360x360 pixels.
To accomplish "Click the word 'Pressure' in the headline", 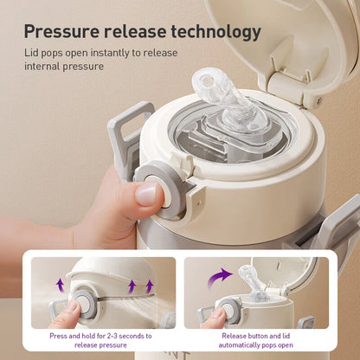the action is tap(61, 31).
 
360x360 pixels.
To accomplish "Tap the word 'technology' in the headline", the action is tap(216, 32).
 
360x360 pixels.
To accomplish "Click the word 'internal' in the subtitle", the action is tap(42, 66).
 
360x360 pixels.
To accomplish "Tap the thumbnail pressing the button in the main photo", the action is tap(146, 194).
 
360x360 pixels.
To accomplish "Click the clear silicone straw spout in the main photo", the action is tap(224, 99).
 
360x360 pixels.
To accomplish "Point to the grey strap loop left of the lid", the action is tap(127, 136).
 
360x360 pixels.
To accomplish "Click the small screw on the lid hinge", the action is tap(318, 100).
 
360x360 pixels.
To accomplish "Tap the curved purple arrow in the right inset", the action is tap(219, 278).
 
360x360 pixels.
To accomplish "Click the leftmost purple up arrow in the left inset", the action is tap(60, 286).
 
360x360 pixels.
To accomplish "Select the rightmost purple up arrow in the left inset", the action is tap(150, 287).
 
